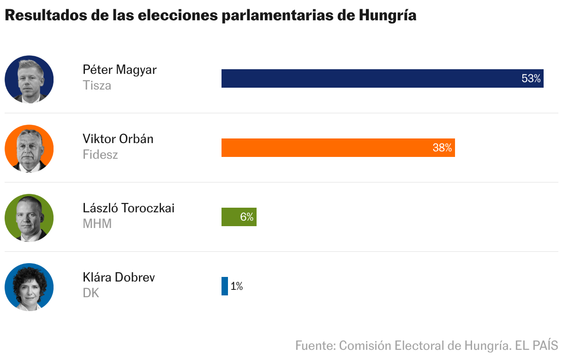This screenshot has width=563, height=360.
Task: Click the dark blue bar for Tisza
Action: [x=369, y=78]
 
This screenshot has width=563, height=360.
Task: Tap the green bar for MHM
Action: [x=231, y=217]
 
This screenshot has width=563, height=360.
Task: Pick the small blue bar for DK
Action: [x=225, y=286]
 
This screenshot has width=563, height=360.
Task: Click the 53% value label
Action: [x=531, y=79]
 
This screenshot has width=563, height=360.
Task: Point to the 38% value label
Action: [x=442, y=148]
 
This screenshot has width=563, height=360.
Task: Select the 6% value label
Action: [x=247, y=217]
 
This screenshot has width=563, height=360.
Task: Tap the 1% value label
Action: [x=237, y=287]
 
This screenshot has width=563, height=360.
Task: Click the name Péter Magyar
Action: [x=120, y=70]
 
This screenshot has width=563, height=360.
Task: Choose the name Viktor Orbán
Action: [x=118, y=139]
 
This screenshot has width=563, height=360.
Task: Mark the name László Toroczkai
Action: [x=128, y=208]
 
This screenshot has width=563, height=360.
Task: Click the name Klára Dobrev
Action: [x=119, y=277]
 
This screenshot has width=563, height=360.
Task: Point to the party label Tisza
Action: [x=97, y=85]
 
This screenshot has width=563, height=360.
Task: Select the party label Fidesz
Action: [x=100, y=155]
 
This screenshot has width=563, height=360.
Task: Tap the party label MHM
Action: [x=97, y=224]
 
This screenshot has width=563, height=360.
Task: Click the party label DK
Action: [x=91, y=293]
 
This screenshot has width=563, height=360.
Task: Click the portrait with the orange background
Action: [x=29, y=149]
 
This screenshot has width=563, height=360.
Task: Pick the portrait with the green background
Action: [x=29, y=218]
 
